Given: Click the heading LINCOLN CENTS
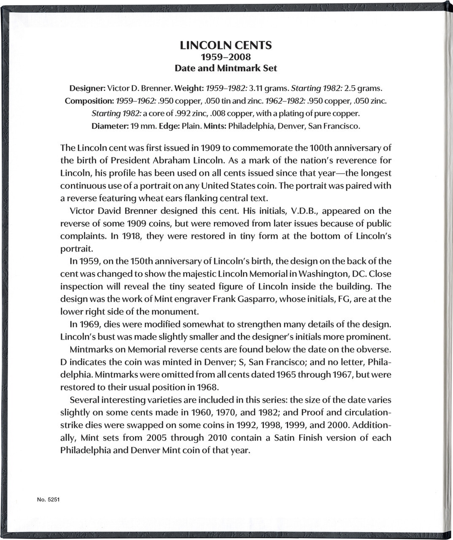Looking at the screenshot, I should (226, 46).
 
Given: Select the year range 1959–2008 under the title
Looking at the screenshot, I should (226, 57).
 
